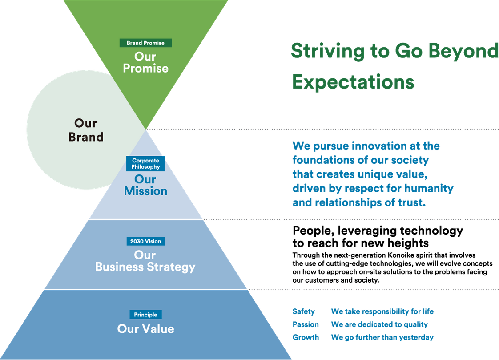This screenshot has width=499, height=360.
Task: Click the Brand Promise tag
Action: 145,43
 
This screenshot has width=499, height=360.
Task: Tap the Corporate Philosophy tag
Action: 145,164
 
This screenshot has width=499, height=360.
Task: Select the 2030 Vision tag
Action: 145,241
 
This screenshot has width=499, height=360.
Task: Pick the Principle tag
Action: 145,315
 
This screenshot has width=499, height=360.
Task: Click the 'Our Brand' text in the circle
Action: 86,130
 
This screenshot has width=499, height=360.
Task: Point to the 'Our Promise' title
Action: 145,62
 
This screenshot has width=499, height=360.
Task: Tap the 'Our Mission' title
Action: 145,185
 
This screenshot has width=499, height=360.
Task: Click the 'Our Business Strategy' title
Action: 145,261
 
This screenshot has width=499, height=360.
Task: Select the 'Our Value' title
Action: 145,329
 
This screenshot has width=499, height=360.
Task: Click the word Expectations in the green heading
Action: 353,82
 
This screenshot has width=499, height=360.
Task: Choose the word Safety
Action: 304,311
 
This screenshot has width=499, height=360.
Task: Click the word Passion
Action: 306,324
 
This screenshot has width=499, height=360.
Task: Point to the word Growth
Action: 306,337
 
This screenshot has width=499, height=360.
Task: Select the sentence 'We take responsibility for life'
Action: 382,311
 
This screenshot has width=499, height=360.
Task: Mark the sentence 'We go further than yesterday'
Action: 382,337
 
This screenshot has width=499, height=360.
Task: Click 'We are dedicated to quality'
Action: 379,324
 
